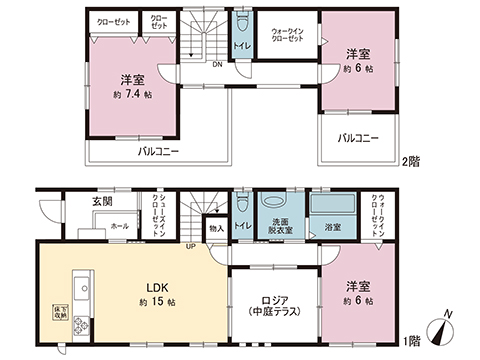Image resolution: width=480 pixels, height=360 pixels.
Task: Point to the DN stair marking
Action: (217, 65)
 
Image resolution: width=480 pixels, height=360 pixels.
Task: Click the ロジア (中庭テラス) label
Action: (267, 304)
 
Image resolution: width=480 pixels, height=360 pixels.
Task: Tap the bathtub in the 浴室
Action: (332, 206)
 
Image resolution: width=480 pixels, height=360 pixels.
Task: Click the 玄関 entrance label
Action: (76, 201)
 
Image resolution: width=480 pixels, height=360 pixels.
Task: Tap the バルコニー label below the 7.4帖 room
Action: (158, 153)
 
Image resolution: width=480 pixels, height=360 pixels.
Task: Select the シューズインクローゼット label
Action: (159, 213)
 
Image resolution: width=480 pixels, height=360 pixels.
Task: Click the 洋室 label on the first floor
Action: (359, 283)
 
